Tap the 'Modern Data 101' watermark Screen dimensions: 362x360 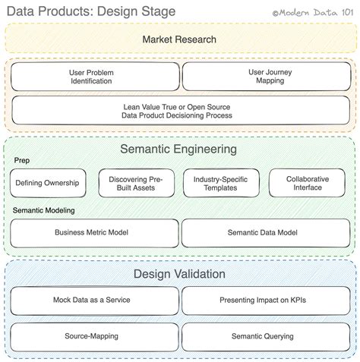tap(313, 11)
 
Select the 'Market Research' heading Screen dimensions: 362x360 tap(179, 39)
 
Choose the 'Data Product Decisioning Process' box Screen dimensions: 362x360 tap(180, 111)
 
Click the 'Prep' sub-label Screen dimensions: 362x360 tap(21, 161)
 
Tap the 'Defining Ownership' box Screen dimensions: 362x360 tap(49, 184)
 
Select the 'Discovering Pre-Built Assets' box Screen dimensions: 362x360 tap(136, 184)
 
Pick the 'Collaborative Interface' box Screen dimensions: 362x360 tap(308, 184)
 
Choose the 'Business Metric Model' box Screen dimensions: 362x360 tap(95, 233)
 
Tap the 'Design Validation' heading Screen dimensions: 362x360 tap(179, 274)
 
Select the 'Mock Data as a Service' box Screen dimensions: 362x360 tap(95, 300)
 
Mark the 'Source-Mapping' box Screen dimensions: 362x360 tap(95, 335)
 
